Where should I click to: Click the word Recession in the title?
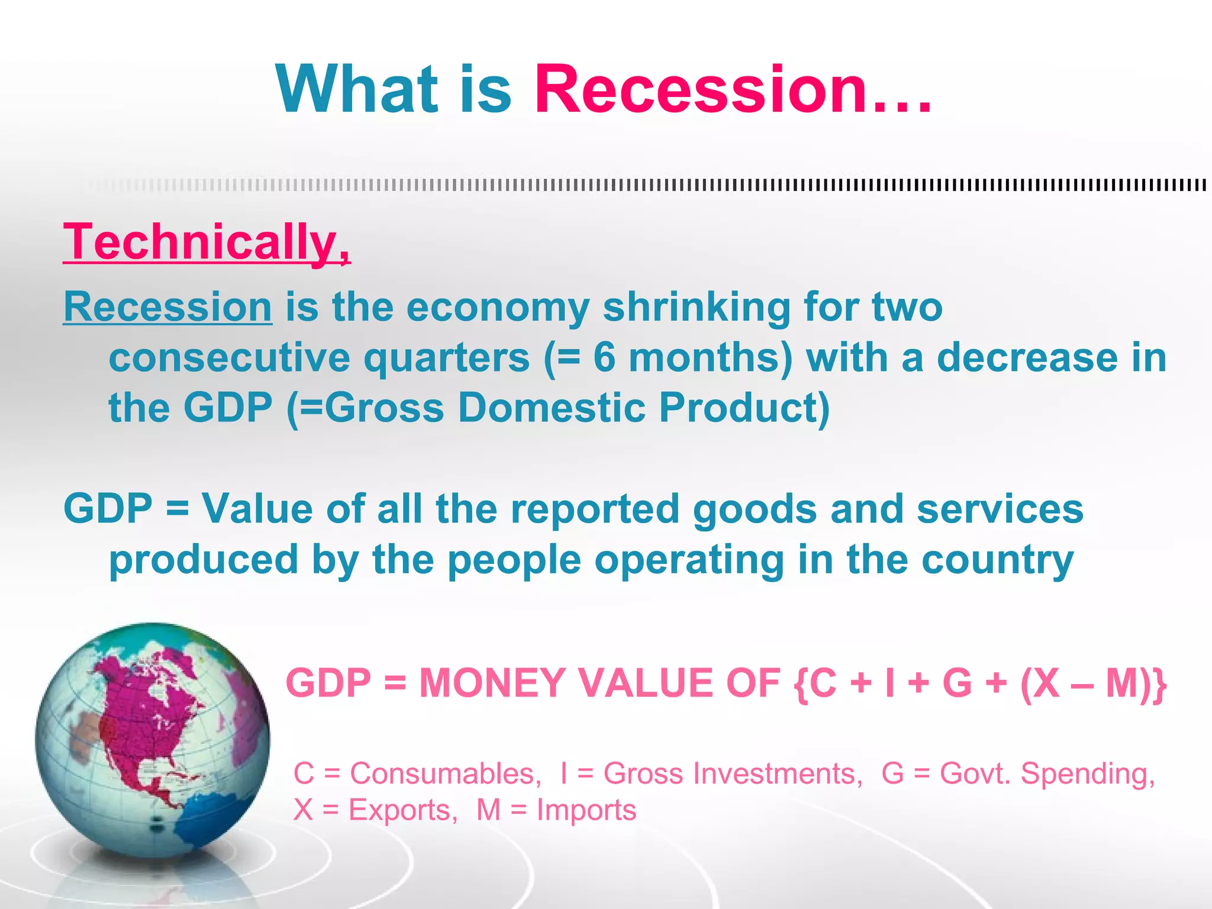(x=701, y=90)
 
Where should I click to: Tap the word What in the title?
(x=357, y=90)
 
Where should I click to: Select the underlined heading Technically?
(x=207, y=242)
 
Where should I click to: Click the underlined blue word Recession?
(x=167, y=307)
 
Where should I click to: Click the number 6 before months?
(x=604, y=357)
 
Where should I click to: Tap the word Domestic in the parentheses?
(x=552, y=408)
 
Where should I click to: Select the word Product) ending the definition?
(x=744, y=408)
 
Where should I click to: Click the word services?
(x=1000, y=509)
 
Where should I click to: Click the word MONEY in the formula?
(x=492, y=683)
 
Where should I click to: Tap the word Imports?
(x=586, y=810)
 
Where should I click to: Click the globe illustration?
(x=152, y=740)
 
